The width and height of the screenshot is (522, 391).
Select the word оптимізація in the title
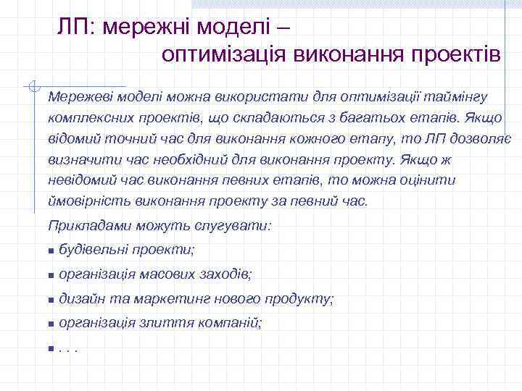tap(225, 54)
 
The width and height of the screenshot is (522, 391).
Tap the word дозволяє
tap(483, 138)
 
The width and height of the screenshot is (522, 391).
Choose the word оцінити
tap(428, 180)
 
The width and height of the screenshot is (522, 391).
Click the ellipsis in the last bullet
tap(67, 348)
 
